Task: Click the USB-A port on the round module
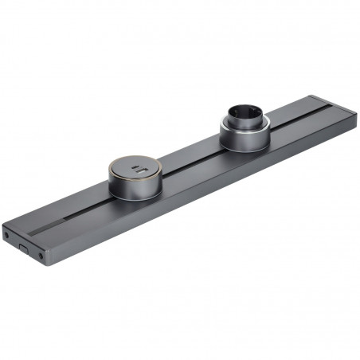[139, 172]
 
